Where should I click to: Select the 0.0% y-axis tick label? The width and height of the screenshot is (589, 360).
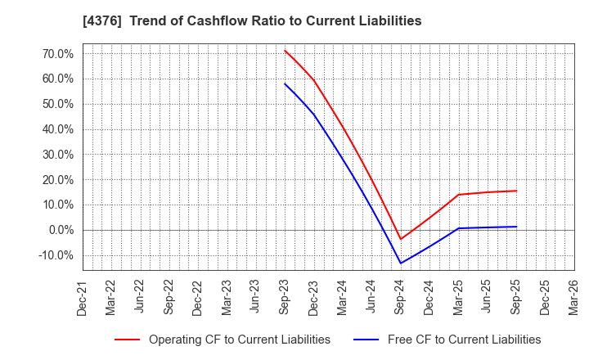[x=60, y=230]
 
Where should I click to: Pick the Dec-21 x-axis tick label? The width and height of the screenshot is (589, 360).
[x=83, y=298]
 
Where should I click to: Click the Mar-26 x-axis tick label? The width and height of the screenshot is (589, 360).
[x=573, y=298]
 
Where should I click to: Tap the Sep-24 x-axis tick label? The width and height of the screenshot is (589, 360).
[x=400, y=298]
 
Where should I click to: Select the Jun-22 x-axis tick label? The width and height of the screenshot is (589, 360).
[x=141, y=298]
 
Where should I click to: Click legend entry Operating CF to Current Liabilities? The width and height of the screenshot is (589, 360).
[x=239, y=340]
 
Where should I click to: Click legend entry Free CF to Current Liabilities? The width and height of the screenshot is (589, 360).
[x=463, y=340]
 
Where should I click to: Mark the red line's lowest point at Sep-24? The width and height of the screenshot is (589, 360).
[x=400, y=240]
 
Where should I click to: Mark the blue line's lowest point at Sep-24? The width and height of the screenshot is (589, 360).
[x=400, y=263]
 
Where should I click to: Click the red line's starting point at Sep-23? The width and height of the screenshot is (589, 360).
[x=285, y=50]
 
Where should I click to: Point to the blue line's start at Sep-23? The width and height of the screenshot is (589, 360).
[x=285, y=83]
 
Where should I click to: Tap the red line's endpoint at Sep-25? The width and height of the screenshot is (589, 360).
[x=516, y=191]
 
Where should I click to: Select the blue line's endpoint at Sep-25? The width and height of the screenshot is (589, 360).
[x=516, y=227]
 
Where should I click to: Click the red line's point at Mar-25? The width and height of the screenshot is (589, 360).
[x=458, y=195]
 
